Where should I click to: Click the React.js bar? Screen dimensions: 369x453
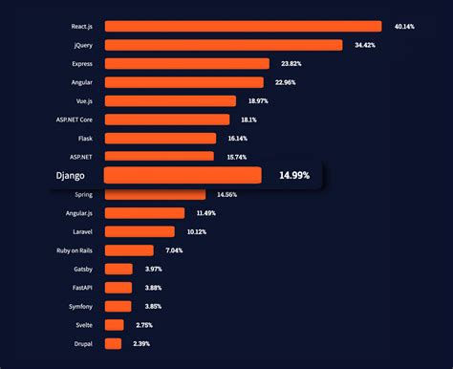tap(243, 26)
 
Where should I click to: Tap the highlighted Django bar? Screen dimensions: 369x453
tap(183, 175)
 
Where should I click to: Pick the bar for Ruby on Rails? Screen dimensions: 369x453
tap(129, 250)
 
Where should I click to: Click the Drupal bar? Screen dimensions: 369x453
tap(114, 343)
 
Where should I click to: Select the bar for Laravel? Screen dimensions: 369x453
tap(140, 231)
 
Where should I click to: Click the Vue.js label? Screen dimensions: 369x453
tap(81, 100)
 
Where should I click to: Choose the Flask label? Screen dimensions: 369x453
tap(85, 138)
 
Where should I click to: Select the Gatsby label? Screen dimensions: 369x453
tap(82, 269)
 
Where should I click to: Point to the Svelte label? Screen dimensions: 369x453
tap(82, 325)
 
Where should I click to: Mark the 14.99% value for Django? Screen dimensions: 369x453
tap(294, 176)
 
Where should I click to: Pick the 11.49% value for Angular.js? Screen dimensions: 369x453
tap(207, 213)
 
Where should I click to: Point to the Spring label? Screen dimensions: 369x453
tap(84, 195)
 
